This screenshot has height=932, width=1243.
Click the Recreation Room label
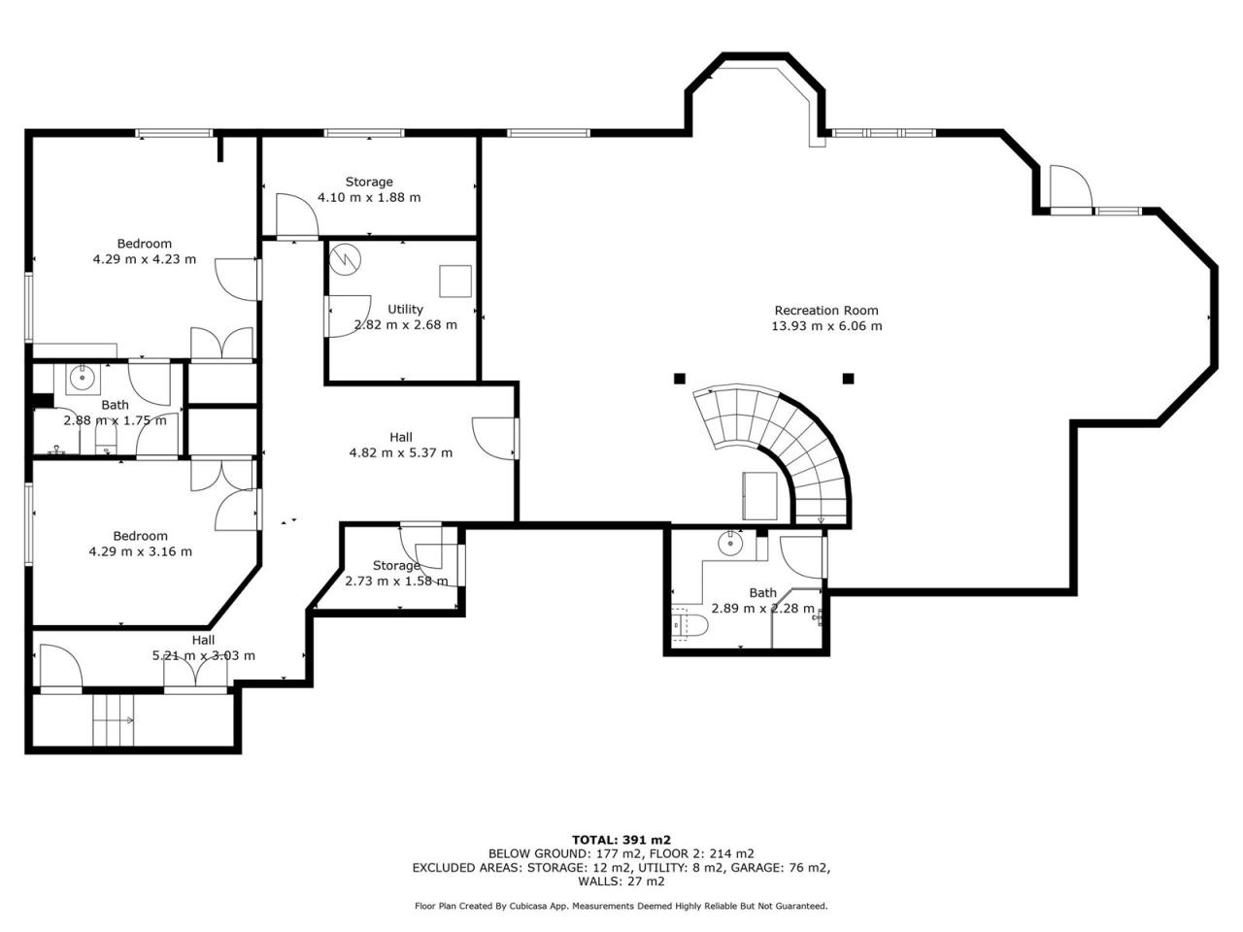pyautogui.click(x=826, y=310)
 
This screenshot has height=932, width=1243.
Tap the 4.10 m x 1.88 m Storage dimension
pyautogui.click(x=369, y=197)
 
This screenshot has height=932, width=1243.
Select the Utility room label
pyautogui.click(x=405, y=309)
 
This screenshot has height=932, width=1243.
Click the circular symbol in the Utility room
pyautogui.click(x=346, y=259)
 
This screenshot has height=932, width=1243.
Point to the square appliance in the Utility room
pyautogui.click(x=455, y=282)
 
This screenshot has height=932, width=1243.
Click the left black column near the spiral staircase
pyautogui.click(x=680, y=379)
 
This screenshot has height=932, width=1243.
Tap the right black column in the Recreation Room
pyautogui.click(x=848, y=379)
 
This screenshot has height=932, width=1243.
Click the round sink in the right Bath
pyautogui.click(x=730, y=545)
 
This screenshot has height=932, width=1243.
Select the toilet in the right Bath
pyautogui.click(x=689, y=625)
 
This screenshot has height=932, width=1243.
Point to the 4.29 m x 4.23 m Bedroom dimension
pyautogui.click(x=145, y=260)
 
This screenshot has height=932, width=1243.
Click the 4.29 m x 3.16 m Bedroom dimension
pyautogui.click(x=141, y=551)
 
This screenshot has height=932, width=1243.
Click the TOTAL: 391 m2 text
pyautogui.click(x=621, y=840)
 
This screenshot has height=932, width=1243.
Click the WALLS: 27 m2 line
pyautogui.click(x=621, y=882)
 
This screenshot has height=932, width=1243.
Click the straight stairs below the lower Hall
pyautogui.click(x=114, y=720)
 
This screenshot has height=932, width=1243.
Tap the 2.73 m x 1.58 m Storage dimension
pyautogui.click(x=396, y=582)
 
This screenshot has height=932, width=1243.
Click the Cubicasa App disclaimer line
pyautogui.click(x=621, y=906)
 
